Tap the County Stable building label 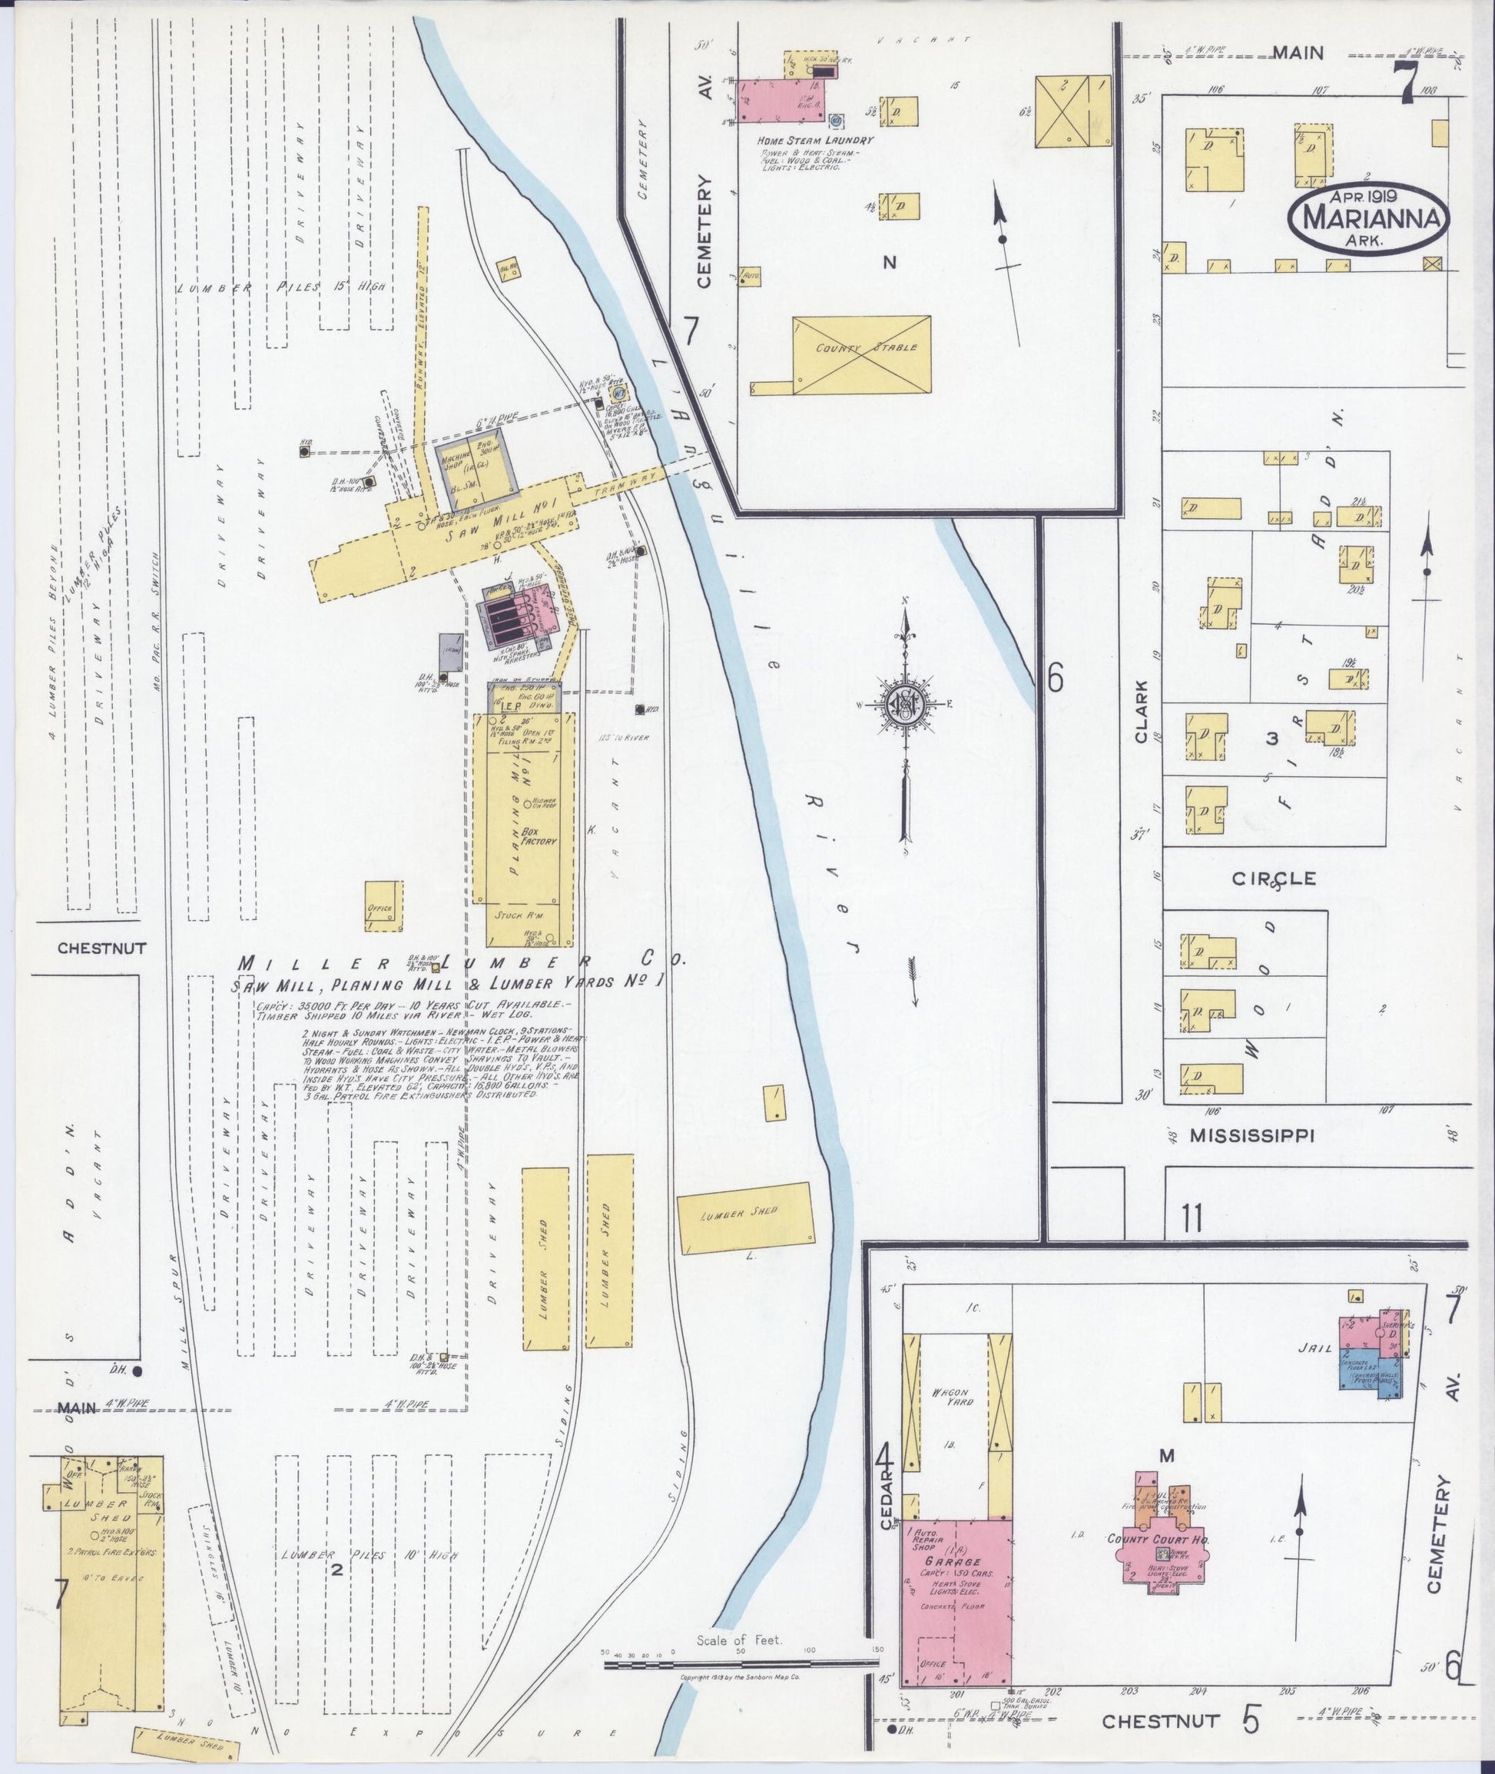point(861,348)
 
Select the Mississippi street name point(1250,1135)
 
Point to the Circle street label point(1274,879)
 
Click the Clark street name point(1142,712)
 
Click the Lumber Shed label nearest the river point(742,1213)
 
